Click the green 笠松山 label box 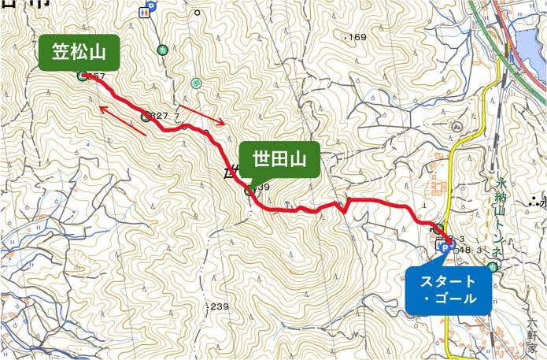(x=79, y=52)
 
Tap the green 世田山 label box (x=279, y=160)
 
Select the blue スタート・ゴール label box (x=448, y=289)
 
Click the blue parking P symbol (x=443, y=247)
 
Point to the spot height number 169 (x=357, y=37)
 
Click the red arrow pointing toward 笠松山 (x=123, y=121)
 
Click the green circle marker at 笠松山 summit (x=83, y=76)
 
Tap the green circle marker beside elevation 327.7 (x=146, y=117)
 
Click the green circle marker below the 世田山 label (x=249, y=190)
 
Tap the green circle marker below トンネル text (x=492, y=268)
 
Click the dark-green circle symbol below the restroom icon (x=162, y=49)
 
